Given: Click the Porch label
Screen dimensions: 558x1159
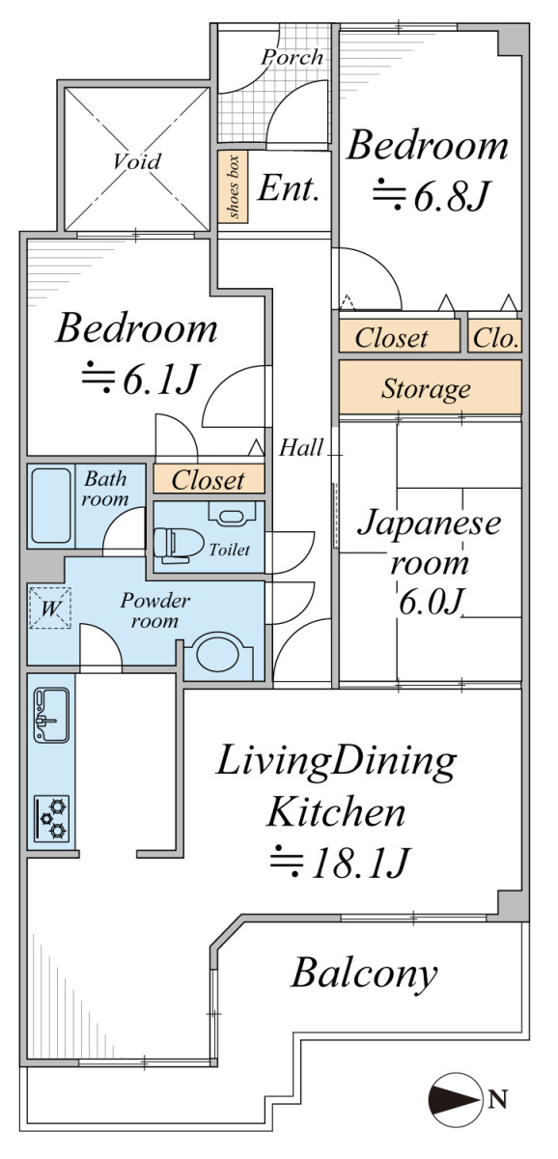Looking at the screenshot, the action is (293, 57).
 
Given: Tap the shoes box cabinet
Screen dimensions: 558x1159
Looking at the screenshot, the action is (233, 186).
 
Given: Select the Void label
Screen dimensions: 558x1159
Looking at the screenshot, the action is (137, 161).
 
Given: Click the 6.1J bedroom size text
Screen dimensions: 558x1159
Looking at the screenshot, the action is (140, 379).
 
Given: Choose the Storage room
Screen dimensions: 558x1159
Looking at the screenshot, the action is (431, 387).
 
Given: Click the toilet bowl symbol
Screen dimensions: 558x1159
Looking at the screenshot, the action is (179, 545).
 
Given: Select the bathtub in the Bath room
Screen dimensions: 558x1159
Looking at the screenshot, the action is (51, 505).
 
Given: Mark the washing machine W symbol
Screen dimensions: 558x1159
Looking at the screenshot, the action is (49, 608).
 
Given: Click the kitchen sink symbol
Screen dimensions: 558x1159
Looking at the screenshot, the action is (51, 715).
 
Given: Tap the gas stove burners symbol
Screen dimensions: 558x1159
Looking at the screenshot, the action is (52, 818).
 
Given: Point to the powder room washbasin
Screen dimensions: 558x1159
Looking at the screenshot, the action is (219, 656).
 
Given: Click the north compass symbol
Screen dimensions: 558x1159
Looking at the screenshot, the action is (454, 1099).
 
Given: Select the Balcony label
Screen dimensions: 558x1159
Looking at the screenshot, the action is (364, 975).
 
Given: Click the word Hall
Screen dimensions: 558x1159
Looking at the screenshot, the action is (301, 447).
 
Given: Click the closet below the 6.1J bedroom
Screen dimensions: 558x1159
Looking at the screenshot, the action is (209, 479).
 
